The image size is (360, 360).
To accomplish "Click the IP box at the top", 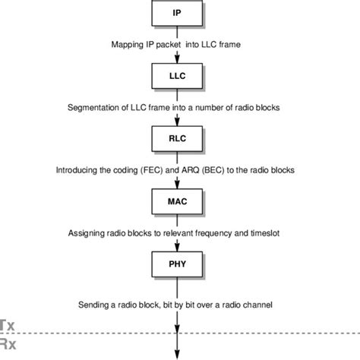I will click(176, 14).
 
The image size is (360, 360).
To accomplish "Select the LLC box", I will click(176, 77).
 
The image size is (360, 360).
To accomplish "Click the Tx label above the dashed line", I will click(6, 324).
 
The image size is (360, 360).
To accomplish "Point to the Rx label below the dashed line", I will click(6, 343).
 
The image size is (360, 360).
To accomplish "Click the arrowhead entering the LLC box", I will click(176, 59).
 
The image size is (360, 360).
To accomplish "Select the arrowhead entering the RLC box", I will click(176, 123).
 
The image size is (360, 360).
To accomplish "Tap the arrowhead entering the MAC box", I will click(176, 186).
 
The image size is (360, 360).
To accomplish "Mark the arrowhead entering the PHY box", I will click(176, 249).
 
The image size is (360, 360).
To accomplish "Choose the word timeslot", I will click(267, 233).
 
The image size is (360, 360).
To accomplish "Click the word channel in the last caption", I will click(257, 305).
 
